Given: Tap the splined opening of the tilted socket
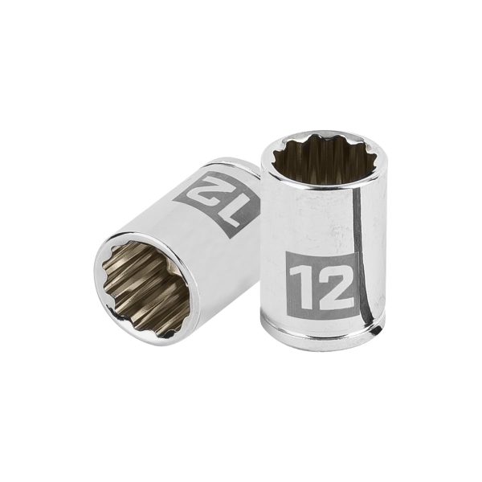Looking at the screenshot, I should coord(144,281).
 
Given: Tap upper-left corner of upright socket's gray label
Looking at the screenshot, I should coord(287,254).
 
